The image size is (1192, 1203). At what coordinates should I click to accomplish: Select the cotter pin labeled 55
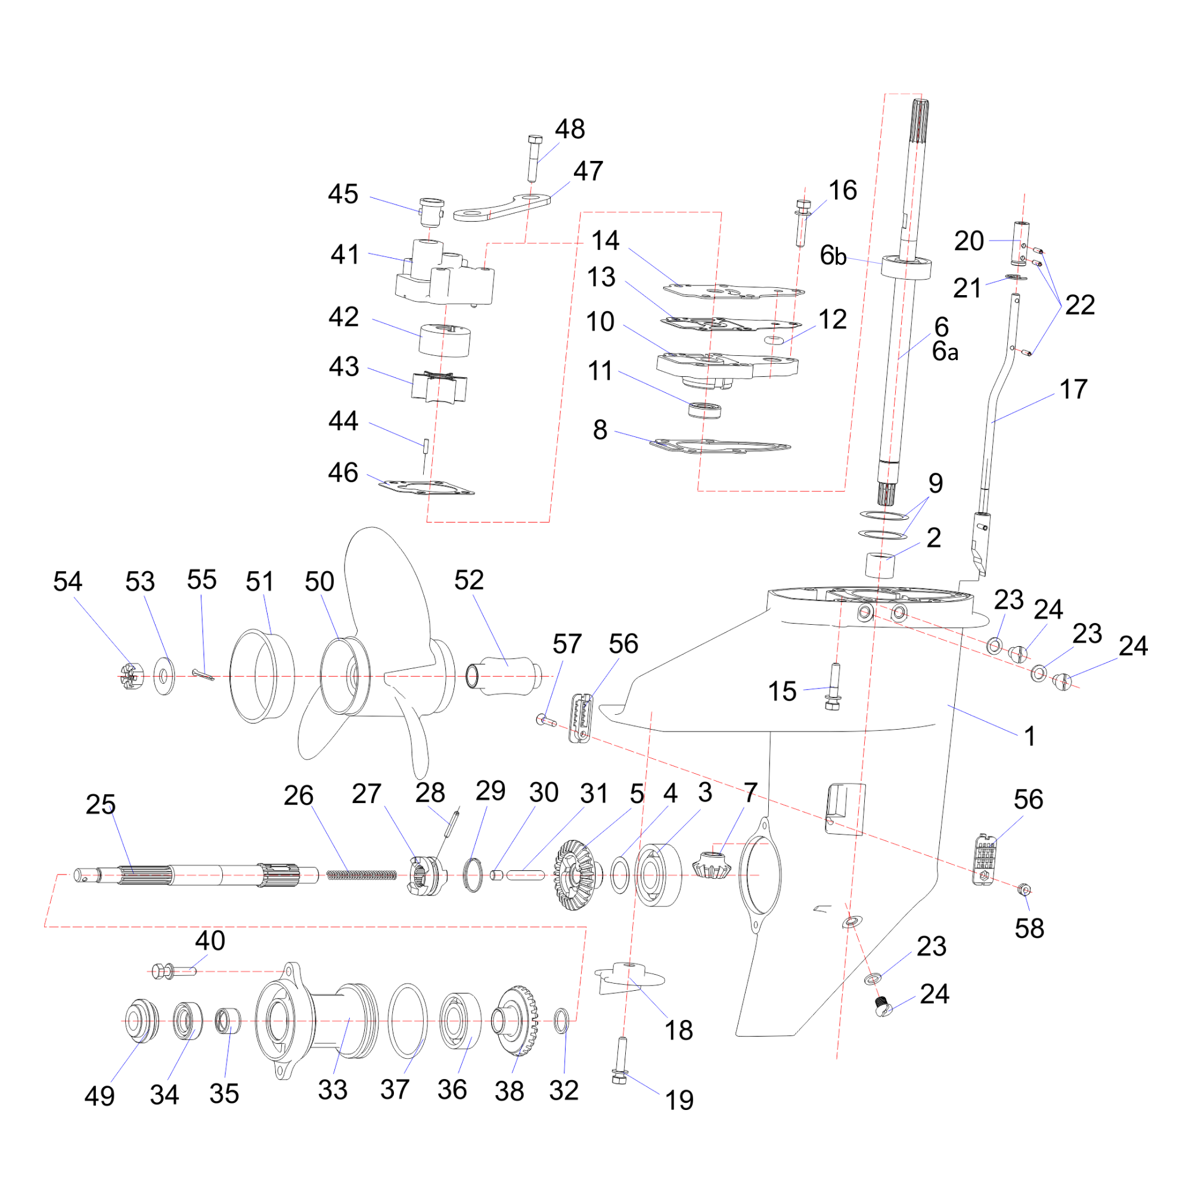coord(203,674)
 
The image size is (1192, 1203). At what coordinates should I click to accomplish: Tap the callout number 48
coord(570,129)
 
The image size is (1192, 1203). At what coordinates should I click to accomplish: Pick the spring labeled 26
coord(362,875)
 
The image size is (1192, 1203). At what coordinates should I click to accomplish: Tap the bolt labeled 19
coord(620,1061)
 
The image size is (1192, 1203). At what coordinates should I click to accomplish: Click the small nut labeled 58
coord(1023,889)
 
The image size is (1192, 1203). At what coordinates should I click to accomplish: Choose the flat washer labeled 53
coord(164,675)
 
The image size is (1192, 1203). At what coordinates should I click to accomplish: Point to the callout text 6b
coord(833,255)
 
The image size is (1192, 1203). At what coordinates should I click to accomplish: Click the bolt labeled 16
coord(802,222)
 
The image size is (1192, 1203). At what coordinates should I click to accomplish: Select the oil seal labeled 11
coord(705,410)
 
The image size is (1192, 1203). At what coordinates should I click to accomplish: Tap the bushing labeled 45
coord(432,212)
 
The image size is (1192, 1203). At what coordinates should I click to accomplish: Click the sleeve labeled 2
coord(881,564)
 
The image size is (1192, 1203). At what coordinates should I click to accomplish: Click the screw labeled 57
coord(546,721)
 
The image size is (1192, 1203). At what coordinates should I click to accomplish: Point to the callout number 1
coord(1030,736)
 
